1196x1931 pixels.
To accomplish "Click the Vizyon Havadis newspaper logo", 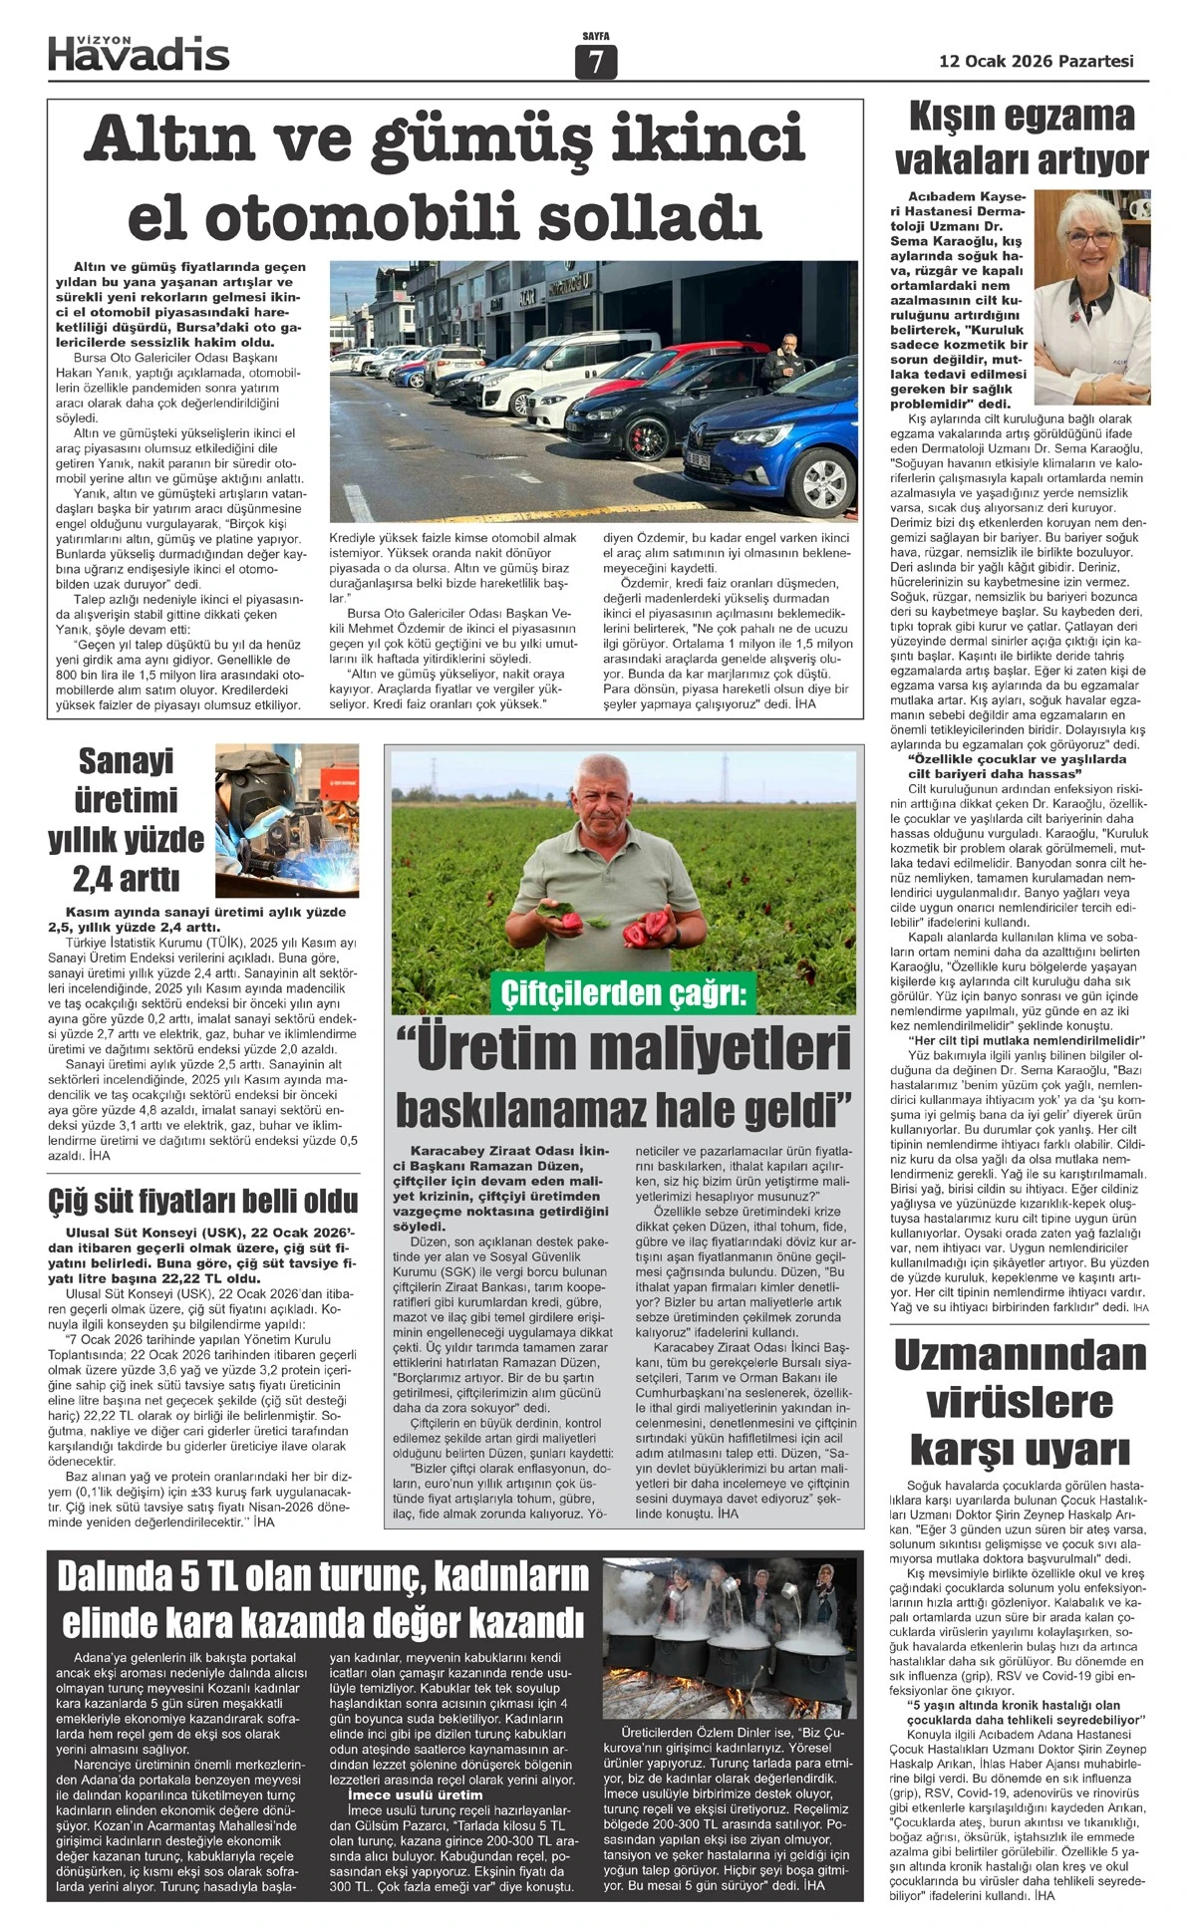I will click(x=139, y=51).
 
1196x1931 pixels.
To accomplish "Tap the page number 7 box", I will click(x=596, y=62).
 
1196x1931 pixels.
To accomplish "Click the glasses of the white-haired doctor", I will click(x=1091, y=238).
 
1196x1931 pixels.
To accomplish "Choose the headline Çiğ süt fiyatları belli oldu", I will click(x=203, y=1200).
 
